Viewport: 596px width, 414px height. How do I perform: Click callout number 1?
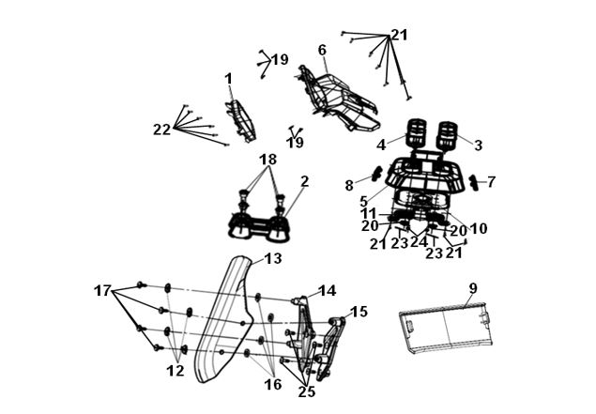228,79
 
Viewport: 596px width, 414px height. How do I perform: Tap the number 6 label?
322,50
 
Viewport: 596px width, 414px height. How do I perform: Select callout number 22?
162,130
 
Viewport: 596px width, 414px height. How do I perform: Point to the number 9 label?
472,288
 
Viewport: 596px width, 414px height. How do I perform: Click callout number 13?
273,258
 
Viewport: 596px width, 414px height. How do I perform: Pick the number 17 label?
102,291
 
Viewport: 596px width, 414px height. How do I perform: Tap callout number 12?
176,371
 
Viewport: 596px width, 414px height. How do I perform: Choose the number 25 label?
307,392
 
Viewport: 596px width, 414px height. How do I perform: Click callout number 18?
268,160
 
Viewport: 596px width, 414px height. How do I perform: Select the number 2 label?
304,182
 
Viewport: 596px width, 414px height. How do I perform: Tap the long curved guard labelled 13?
224,319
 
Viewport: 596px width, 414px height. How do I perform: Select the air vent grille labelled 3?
448,135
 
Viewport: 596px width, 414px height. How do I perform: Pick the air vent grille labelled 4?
416,133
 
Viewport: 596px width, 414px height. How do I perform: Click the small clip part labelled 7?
475,182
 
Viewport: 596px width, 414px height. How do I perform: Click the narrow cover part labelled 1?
240,120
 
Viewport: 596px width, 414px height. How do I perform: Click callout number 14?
328,291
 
